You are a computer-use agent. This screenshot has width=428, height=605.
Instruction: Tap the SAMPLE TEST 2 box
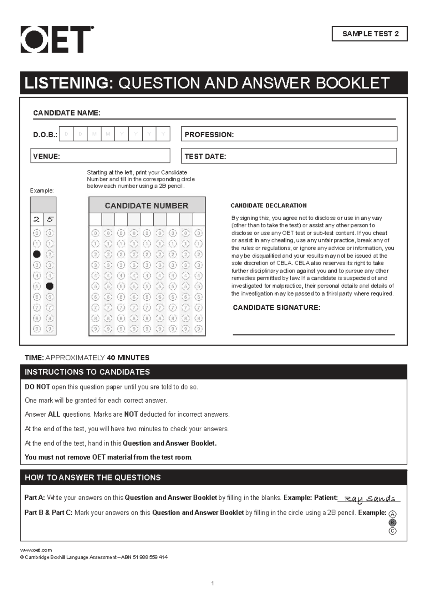click(x=370, y=34)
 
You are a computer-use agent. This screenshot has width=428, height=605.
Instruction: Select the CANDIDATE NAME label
click(x=67, y=113)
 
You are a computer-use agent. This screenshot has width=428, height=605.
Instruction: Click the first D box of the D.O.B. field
click(x=66, y=134)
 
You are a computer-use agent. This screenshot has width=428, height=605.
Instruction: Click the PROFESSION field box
click(x=289, y=134)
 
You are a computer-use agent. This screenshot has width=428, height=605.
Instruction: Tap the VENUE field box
click(x=100, y=156)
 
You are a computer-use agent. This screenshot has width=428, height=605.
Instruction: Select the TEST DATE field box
click(x=289, y=156)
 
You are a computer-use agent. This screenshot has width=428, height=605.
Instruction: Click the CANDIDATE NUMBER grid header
click(x=147, y=205)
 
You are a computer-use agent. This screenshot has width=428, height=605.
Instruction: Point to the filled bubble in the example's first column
click(x=37, y=254)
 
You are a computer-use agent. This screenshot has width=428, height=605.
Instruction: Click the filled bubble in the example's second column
click(x=50, y=286)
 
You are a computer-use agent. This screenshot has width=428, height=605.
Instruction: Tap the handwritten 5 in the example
click(x=50, y=219)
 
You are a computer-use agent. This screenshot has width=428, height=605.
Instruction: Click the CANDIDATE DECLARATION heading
click(x=269, y=205)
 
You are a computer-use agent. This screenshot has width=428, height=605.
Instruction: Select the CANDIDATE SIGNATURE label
click(x=276, y=307)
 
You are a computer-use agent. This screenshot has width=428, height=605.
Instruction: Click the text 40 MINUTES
click(x=128, y=358)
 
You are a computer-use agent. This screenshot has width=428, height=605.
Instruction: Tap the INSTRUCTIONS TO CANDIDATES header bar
click(x=213, y=372)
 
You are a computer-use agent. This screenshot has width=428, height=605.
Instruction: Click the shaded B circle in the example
click(x=392, y=523)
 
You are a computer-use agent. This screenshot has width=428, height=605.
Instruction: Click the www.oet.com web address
click(x=36, y=550)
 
